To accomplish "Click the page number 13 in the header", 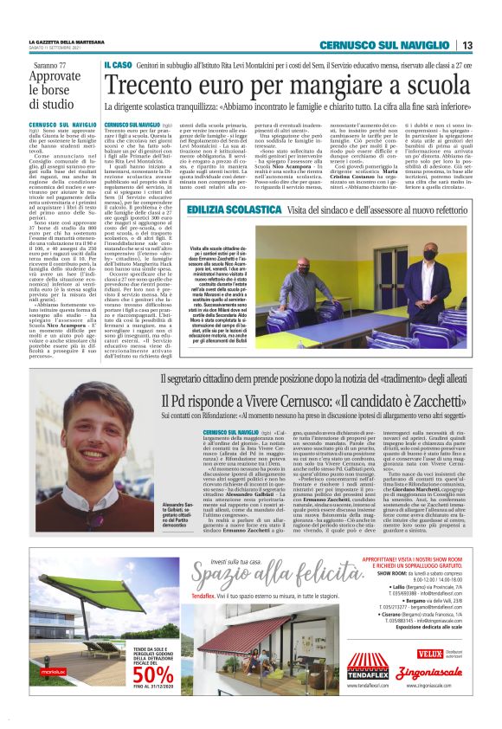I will click(x=466, y=45).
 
